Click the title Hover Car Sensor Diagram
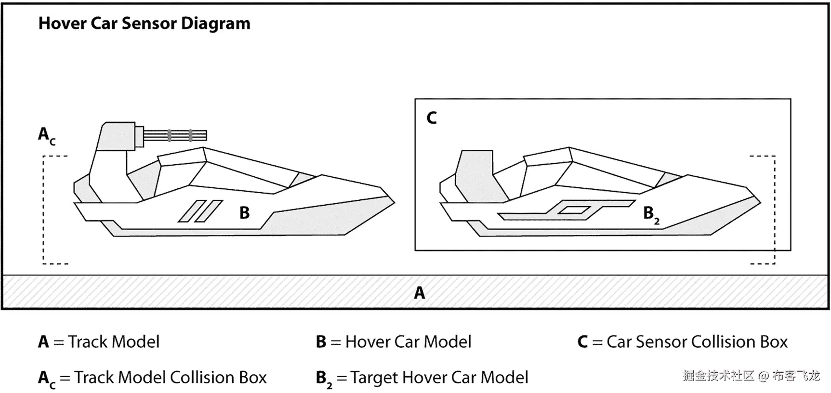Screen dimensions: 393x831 [x=144, y=24]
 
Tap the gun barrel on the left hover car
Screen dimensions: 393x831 [x=176, y=135]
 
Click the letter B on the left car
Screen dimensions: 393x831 [x=244, y=212]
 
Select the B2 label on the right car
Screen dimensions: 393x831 [x=650, y=214]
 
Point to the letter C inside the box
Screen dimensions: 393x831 [x=432, y=118]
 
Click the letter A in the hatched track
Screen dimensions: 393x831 [x=420, y=292]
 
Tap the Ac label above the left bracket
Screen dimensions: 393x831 [x=46, y=135]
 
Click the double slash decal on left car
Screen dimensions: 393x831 [x=200, y=211]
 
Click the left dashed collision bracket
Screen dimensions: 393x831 [x=44, y=210]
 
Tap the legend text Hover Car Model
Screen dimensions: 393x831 [x=408, y=342]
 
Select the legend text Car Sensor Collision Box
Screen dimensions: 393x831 [x=697, y=342]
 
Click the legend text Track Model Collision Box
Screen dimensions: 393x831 [x=170, y=378]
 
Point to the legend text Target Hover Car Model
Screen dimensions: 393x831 [x=439, y=378]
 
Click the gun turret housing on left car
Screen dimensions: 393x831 [x=117, y=136]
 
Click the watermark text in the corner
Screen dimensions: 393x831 [x=751, y=376]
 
